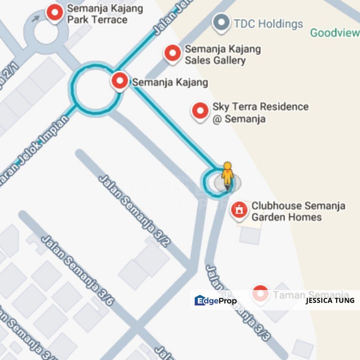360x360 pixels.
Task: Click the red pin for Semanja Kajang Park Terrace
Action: (54, 12)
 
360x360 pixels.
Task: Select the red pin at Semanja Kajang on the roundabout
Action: (119, 80)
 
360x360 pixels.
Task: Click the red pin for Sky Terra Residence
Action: (200, 111)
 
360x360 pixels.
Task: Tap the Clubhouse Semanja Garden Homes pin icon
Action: (239, 209)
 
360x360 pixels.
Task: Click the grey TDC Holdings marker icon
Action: (220, 22)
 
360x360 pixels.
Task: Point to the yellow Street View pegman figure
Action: (227, 176)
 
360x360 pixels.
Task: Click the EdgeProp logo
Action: (215, 300)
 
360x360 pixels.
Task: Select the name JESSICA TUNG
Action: (329, 300)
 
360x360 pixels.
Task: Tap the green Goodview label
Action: (334, 33)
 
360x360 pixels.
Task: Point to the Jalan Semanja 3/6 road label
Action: (77, 270)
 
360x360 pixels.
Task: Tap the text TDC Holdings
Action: (268, 23)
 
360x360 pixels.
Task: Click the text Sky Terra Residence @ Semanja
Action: (260, 112)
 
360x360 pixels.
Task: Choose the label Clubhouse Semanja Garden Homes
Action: (298, 211)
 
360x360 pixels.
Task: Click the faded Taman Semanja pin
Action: (260, 294)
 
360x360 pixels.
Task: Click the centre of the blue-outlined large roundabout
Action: (97, 88)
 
